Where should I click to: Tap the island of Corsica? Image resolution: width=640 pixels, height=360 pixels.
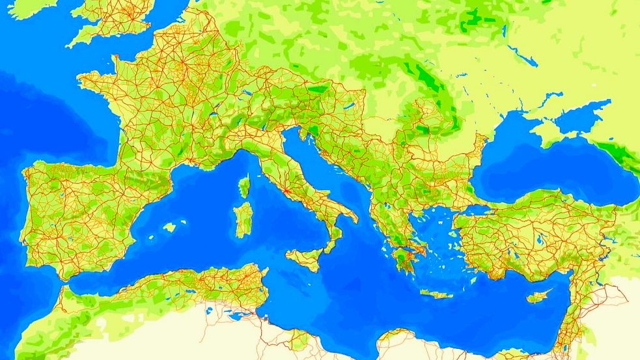[x=244, y=186]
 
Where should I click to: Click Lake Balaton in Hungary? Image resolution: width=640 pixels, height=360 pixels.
[x=346, y=104]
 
